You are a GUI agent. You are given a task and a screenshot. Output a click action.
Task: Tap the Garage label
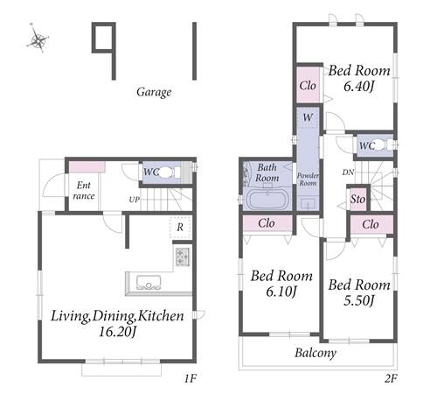[154, 92]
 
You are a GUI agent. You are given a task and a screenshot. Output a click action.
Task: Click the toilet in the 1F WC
[166, 172]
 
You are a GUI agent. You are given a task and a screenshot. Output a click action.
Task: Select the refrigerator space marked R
[180, 227]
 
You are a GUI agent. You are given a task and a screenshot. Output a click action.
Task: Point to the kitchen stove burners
[183, 257]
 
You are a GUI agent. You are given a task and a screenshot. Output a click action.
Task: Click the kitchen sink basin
[149, 283]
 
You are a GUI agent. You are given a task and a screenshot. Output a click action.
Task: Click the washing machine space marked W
[308, 117]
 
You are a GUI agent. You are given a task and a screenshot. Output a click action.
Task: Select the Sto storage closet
[357, 200]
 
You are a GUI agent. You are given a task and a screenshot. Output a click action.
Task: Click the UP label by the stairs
[135, 200]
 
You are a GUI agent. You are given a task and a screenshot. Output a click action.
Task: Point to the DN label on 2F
[348, 172]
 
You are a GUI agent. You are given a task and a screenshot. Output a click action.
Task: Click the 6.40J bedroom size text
[359, 86]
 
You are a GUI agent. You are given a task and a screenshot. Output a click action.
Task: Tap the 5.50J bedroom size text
[359, 300]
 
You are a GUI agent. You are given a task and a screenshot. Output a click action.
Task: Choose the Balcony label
[316, 353]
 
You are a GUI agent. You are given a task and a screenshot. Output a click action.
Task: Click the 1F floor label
[191, 378]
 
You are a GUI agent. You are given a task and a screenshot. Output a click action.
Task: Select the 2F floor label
[391, 378]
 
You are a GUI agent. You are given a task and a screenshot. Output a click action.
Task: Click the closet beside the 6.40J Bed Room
[309, 85]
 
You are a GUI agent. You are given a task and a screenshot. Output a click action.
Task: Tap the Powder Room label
[308, 179]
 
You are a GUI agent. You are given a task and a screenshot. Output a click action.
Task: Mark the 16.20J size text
[117, 332]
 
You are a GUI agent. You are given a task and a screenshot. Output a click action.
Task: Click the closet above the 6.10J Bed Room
[267, 223]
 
